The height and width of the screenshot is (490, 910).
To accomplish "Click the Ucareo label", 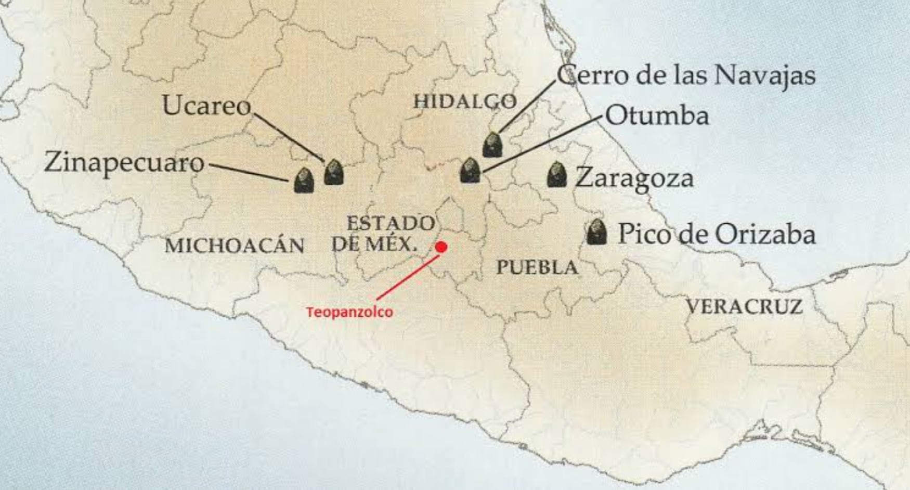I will [206, 106].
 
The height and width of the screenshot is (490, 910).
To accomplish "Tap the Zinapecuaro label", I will [124, 162].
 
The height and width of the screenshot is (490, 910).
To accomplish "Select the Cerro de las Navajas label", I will [686, 75].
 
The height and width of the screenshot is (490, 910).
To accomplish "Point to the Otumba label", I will [657, 115].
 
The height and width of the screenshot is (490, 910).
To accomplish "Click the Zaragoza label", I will [634, 178].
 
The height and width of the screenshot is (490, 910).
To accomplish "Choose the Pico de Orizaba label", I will [716, 234].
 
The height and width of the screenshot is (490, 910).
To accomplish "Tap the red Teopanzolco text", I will [349, 312].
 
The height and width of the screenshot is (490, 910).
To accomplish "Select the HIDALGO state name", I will [465, 101].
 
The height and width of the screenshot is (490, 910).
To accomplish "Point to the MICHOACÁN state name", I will [235, 246].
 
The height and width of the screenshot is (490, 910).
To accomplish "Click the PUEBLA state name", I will [537, 267].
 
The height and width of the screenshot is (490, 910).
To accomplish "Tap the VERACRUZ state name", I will [744, 306].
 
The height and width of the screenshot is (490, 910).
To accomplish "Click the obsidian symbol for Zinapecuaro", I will [304, 180].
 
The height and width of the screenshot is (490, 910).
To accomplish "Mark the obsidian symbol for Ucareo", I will [334, 172].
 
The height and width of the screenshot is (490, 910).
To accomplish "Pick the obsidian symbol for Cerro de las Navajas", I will [492, 145].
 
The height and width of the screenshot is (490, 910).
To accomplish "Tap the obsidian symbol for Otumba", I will [470, 170].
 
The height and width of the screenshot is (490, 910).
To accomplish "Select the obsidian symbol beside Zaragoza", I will [557, 175].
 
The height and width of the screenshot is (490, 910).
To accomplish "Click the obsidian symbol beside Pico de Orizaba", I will [596, 232].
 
